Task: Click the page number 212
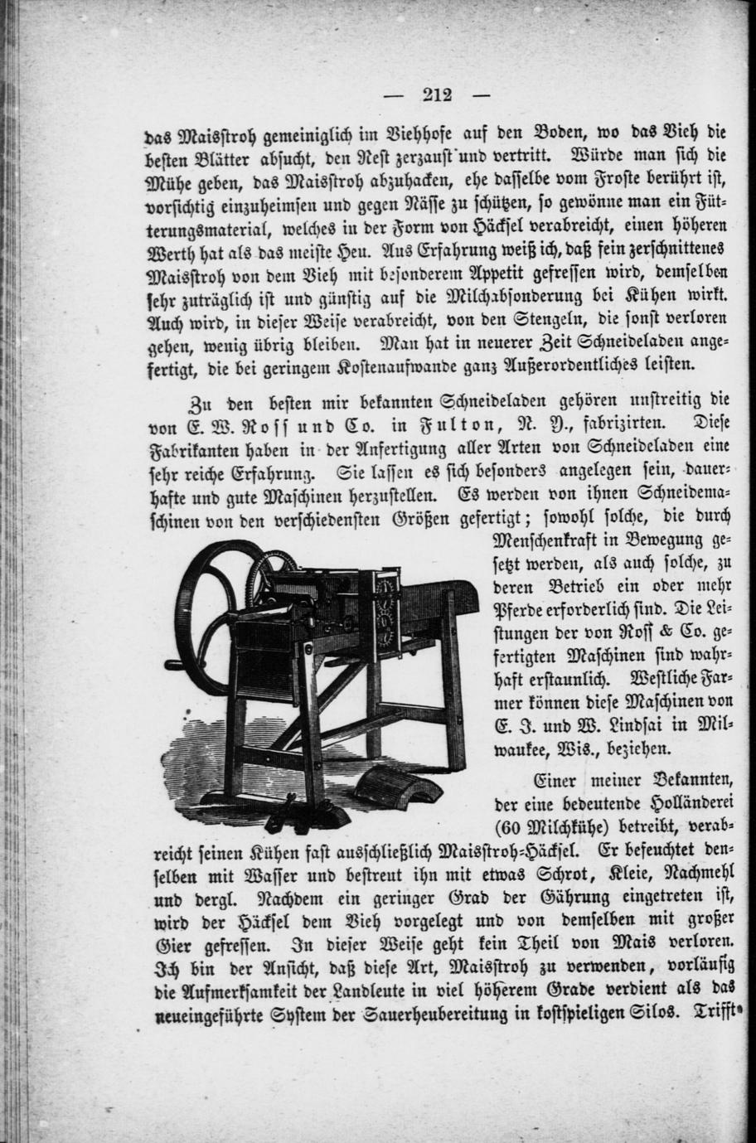pos(436,94)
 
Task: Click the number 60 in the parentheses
pos(515,826)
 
